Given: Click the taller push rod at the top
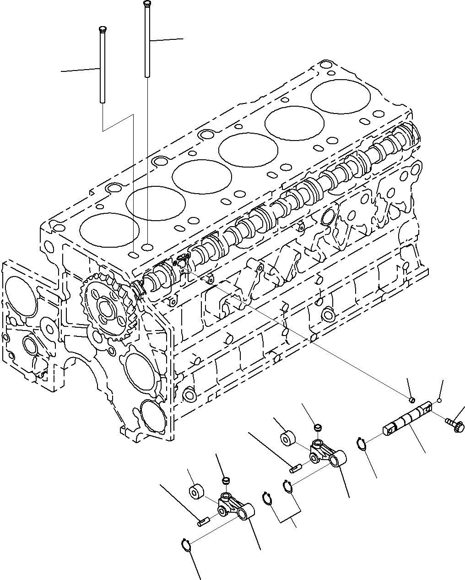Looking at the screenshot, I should pos(147,41).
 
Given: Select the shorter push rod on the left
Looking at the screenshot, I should pos(101,64).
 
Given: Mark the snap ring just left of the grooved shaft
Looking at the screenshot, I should pos(361,444).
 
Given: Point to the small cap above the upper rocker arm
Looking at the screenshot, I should pos(317,428).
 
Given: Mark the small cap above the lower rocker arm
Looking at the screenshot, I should pos(225,480).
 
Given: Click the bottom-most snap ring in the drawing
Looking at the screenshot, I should pos(184,544).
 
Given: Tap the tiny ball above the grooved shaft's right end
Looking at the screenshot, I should pos(438,401).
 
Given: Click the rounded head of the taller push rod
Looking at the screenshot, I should pos(147,4).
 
